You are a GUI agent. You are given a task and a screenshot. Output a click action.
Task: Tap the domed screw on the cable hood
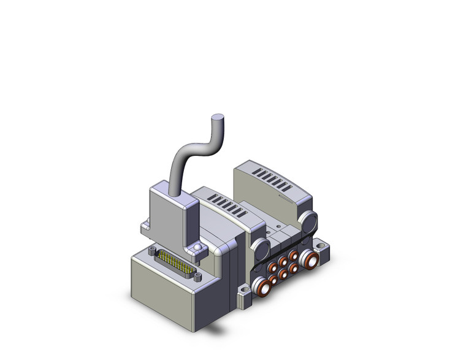[197, 247]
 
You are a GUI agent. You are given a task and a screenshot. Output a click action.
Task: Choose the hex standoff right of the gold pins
[197, 275]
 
